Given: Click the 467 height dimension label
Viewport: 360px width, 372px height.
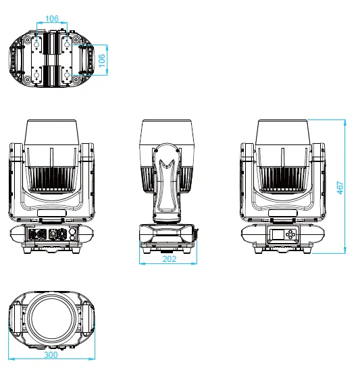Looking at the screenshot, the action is click(340, 188).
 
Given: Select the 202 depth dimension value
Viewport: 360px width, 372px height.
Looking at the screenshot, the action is click(170, 259).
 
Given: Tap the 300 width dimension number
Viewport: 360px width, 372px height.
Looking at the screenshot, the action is click(51, 354).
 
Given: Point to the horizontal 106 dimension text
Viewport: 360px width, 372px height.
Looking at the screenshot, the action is click(52, 18).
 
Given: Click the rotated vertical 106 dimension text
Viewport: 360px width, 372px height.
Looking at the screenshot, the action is click(101, 61).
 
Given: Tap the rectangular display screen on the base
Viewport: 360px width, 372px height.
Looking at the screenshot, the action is click(278, 234).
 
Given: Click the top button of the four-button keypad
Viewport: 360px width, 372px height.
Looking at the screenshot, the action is click(290, 231).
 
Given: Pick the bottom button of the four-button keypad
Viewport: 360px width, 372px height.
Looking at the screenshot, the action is click(290, 237).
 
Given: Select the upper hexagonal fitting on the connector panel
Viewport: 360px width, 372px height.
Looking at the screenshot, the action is click(73, 231).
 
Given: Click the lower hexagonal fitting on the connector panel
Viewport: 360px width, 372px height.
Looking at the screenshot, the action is click(73, 236).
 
